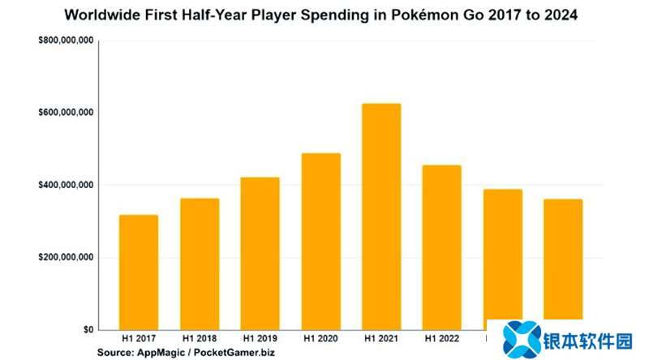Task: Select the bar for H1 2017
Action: [138, 272]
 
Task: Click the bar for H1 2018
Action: [199, 264]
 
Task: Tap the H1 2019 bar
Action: [260, 254]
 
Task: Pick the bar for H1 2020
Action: [320, 242]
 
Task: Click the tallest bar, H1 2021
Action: [381, 216]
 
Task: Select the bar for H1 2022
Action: [441, 247]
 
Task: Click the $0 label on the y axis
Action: [86, 330]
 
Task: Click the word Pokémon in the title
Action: [442, 15]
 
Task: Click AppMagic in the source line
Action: [164, 353]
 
